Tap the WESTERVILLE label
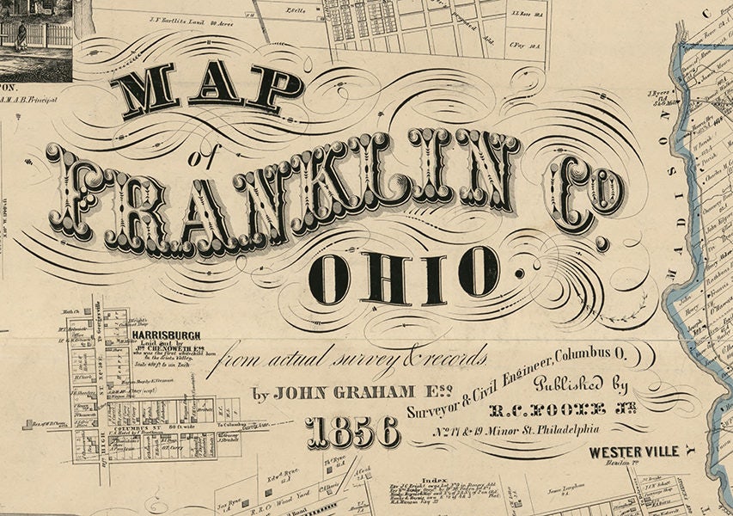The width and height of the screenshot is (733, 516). (634, 451)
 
